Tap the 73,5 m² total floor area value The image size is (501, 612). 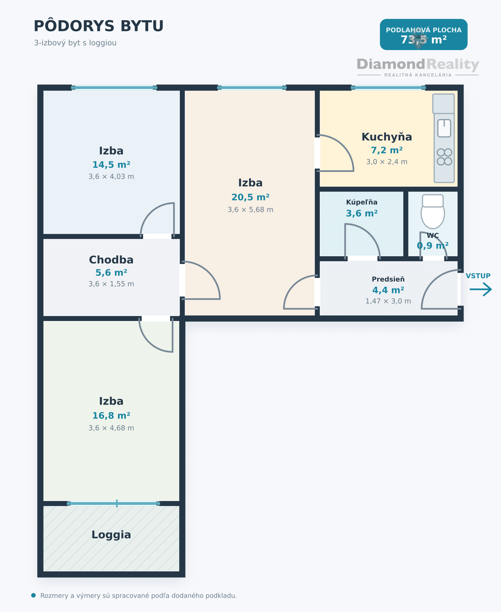coord(423,40)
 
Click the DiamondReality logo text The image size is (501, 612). coord(418,64)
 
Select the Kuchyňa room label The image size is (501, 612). coord(387,137)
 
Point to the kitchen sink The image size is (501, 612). coord(444,128)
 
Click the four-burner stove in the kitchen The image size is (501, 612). coord(445,157)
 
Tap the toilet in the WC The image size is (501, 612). coord(433,211)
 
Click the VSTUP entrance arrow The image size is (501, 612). coord(481,289)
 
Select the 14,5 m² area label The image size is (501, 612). coord(111,165)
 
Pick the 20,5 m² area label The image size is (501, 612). coord(250,197)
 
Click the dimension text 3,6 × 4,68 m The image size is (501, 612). coord(111,428)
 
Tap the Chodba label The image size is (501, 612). coord(111,260)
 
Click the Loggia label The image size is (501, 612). coord(111,535)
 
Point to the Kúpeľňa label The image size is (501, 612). coord(362,202)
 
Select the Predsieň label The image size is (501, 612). coord(388,279)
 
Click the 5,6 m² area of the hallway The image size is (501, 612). coord(111,273)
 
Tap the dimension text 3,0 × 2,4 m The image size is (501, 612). coord(387,162)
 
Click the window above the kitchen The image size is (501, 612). coord(388,88)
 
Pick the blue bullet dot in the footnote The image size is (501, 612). coord(34,596)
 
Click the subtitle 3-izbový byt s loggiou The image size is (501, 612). coord(75,43)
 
